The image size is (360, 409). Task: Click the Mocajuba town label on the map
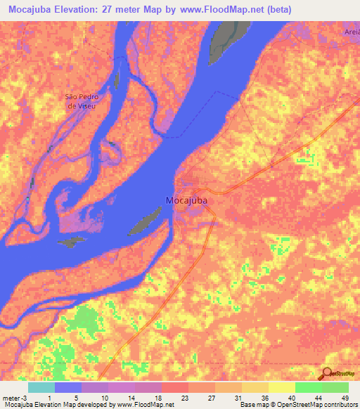(186, 200)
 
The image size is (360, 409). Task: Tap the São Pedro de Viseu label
(80, 100)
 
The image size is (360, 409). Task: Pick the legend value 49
(344, 397)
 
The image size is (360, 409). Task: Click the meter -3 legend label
(13, 397)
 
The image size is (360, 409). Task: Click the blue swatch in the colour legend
(67, 387)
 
